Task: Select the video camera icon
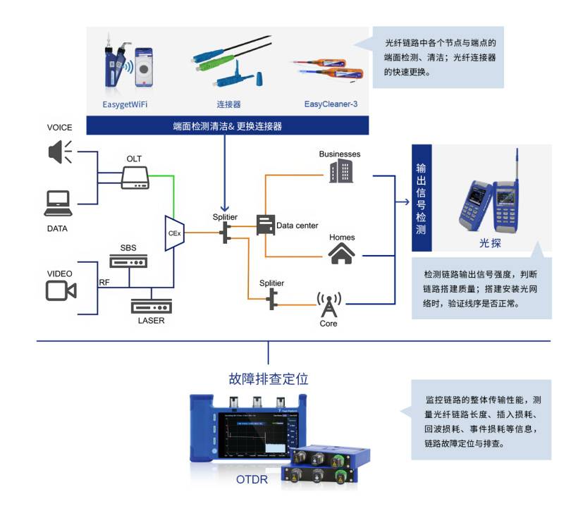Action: click(x=61, y=290)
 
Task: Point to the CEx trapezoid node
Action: click(x=174, y=233)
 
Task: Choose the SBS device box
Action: click(x=128, y=261)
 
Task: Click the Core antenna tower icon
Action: click(x=328, y=304)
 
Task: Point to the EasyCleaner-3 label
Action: click(x=331, y=104)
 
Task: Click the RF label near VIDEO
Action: click(x=104, y=283)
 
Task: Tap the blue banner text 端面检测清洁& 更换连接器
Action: click(x=228, y=126)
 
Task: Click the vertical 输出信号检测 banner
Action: click(x=421, y=198)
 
